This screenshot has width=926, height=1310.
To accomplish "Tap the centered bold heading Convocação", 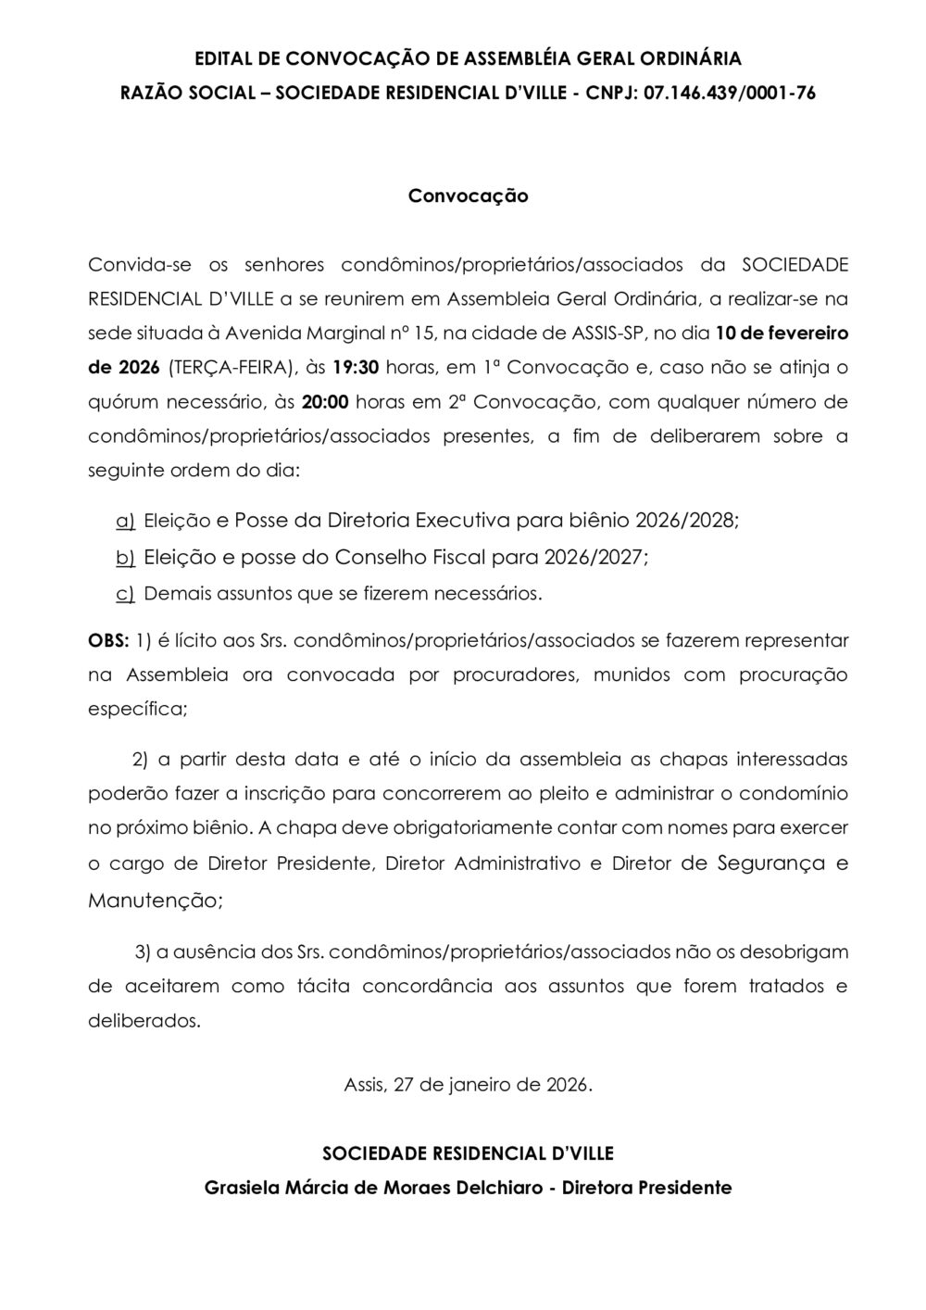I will click(x=469, y=196).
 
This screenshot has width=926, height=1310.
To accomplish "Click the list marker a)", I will click(x=125, y=521).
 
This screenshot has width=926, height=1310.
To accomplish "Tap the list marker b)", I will click(x=125, y=557).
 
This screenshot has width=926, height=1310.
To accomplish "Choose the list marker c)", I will click(x=125, y=593).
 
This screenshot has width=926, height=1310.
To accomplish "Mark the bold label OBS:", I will click(x=108, y=640).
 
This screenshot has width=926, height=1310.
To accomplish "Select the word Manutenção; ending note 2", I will click(x=156, y=899).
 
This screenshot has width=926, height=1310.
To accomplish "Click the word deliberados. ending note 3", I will click(x=144, y=1021).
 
